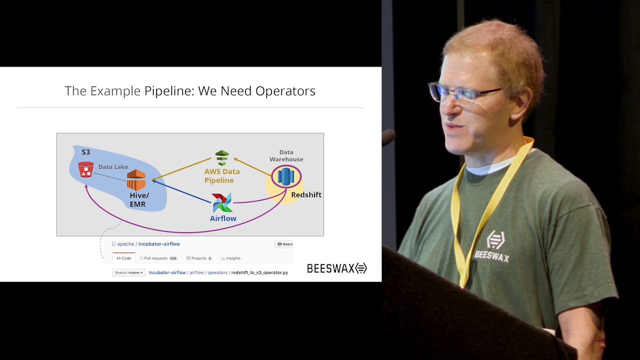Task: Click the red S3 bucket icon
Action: [x=86, y=169]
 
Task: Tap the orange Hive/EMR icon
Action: [x=136, y=180]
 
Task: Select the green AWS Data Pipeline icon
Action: [x=222, y=158]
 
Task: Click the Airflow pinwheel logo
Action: [x=222, y=202]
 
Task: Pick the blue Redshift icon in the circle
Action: [x=286, y=176]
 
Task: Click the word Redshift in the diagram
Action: [x=306, y=195]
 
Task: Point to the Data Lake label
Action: [x=113, y=167]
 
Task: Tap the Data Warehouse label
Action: [x=286, y=155]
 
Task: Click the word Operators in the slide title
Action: [x=285, y=91]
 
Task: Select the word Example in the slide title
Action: [x=115, y=91]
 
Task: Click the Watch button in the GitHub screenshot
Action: [x=284, y=244]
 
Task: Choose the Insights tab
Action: [x=231, y=258]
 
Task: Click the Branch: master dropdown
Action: [x=129, y=273]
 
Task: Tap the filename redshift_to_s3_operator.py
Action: [x=259, y=273]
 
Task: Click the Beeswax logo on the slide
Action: [x=336, y=268]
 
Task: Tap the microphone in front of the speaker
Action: [x=388, y=137]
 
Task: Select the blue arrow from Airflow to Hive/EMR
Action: [x=182, y=191]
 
